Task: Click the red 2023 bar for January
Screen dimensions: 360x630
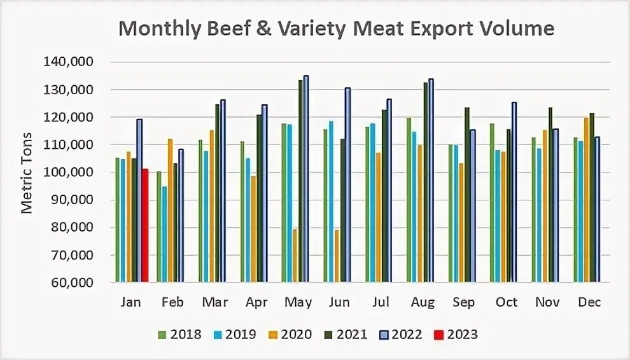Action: pyautogui.click(x=145, y=226)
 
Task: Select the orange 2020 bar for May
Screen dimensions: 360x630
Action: pyautogui.click(x=295, y=256)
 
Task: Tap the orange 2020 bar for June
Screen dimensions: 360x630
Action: pyautogui.click(x=337, y=256)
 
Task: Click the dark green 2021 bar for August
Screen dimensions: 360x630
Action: pyautogui.click(x=426, y=183)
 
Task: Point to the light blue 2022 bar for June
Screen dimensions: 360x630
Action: pyautogui.click(x=347, y=185)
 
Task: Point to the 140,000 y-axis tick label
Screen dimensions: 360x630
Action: pyautogui.click(x=67, y=62)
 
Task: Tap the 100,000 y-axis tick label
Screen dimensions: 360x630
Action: pyautogui.click(x=67, y=172)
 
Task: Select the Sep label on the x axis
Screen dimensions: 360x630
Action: pyautogui.click(x=464, y=302)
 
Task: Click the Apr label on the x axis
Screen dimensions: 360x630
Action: pyautogui.click(x=256, y=302)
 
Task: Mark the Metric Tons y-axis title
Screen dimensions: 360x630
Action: pyautogui.click(x=27, y=172)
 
